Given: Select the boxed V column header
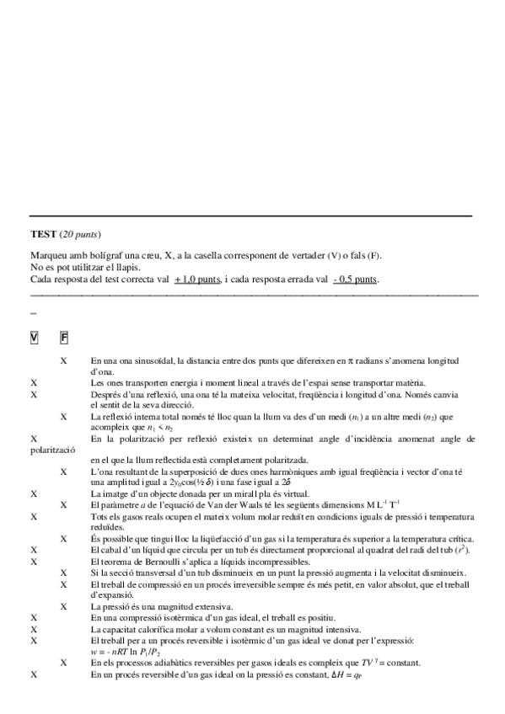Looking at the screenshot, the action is coord(34,338).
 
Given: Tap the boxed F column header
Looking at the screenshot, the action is coord(64,338).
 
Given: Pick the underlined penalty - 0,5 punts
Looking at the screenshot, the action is coord(355,279).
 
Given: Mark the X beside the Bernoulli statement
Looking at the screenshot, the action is coord(34,562).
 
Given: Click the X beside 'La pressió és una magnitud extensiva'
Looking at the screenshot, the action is coord(64,606).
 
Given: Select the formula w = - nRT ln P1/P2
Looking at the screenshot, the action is coord(127,652).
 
